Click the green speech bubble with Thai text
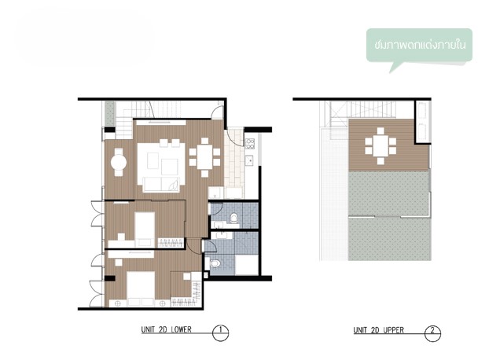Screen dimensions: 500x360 click(x=419, y=46)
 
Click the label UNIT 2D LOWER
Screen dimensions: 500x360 click(x=166, y=329)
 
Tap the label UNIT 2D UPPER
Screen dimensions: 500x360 click(x=378, y=330)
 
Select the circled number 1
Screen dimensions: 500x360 click(x=220, y=333)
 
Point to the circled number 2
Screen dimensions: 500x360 click(x=432, y=333)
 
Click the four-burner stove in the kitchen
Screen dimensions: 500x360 click(x=250, y=144)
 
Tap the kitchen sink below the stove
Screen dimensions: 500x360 click(x=249, y=160)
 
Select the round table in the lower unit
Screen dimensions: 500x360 click(x=119, y=162)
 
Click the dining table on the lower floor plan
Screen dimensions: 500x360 click(x=204, y=157)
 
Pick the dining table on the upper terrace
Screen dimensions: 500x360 click(x=381, y=146)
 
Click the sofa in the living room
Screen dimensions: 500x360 click(x=161, y=184)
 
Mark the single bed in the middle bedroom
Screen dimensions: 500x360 click(x=145, y=230)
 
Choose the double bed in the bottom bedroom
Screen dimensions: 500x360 click(x=141, y=289)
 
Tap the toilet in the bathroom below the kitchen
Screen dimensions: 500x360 click(x=233, y=218)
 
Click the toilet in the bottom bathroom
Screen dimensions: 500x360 click(x=215, y=263)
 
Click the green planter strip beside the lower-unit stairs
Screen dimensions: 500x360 click(x=110, y=113)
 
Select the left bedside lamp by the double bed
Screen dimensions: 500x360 click(x=117, y=303)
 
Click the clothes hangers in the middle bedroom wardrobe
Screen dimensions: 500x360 click(x=171, y=243)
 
